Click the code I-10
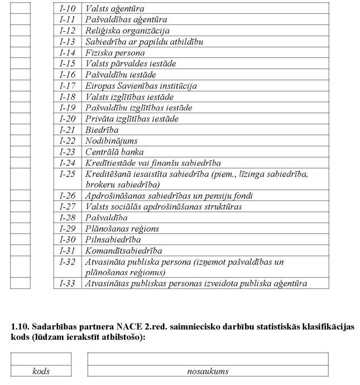(68, 9)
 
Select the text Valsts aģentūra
(114, 9)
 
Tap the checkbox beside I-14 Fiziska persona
(20, 53)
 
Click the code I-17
(68, 86)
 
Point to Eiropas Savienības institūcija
(141, 86)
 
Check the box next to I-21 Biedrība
(20, 130)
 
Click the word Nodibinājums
(111, 141)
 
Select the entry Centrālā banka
(114, 152)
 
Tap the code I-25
(68, 174)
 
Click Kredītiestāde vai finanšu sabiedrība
(153, 163)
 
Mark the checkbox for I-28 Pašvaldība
(20, 218)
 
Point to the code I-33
(68, 283)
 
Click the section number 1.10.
(20, 325)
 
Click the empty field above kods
(41, 359)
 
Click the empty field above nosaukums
(208, 359)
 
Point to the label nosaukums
(208, 371)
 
